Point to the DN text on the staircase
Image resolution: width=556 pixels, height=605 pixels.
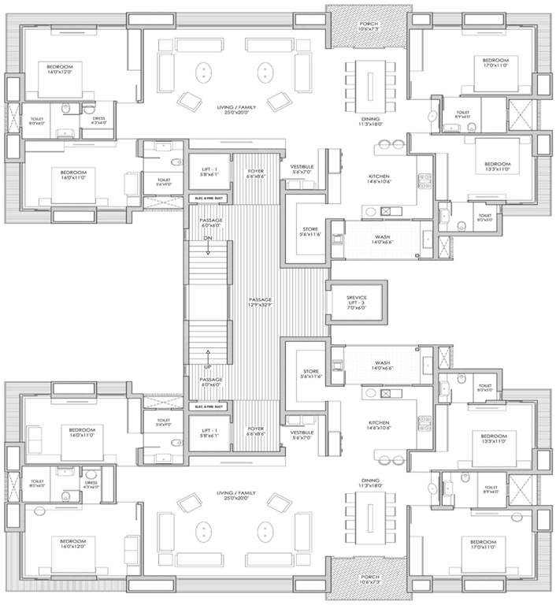(x=209, y=238)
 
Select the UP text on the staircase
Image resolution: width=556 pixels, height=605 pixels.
(x=209, y=368)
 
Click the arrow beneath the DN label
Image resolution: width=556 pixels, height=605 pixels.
(x=209, y=250)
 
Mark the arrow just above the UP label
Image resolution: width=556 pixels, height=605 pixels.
(x=209, y=356)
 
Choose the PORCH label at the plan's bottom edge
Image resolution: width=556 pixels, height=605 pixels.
(x=369, y=580)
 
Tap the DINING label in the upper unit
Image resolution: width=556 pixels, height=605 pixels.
(x=369, y=121)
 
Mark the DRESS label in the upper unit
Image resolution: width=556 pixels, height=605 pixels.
(x=98, y=121)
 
